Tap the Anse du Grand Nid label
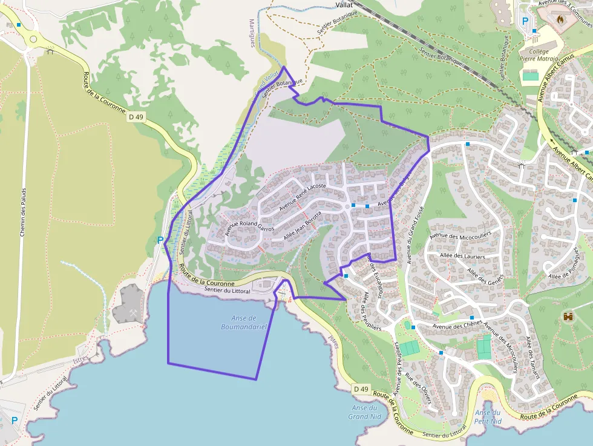365,412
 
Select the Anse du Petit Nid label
488,416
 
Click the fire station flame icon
560,19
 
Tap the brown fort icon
568,316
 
